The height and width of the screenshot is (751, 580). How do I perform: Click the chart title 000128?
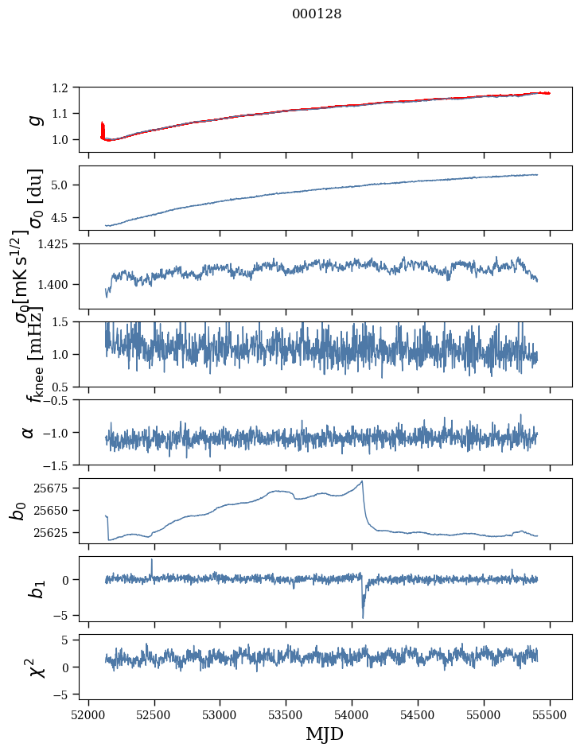(317, 14)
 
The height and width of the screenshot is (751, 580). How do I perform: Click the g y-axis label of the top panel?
(34, 119)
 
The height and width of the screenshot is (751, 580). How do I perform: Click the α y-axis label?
(29, 432)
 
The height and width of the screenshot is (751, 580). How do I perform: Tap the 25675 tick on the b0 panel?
(56, 488)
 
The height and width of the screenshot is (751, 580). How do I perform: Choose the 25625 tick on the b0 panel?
(56, 532)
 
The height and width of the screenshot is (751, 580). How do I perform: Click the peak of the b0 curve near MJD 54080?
(362, 481)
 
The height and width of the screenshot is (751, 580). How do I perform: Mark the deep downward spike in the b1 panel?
(363, 617)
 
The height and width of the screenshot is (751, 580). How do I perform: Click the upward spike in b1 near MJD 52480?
(152, 560)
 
